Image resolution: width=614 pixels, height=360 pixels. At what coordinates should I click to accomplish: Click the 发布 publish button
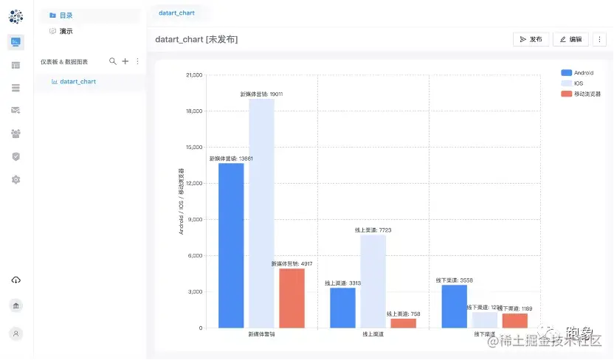click(x=531, y=39)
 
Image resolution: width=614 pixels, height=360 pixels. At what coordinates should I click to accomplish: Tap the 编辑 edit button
click(x=570, y=39)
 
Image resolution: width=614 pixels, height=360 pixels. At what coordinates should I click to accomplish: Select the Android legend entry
click(x=580, y=73)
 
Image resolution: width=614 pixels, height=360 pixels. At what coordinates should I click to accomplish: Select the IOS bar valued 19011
click(x=261, y=213)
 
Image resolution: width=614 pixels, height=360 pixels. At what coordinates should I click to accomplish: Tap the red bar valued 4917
click(x=292, y=298)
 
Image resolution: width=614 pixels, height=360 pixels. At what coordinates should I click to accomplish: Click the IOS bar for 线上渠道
click(x=373, y=281)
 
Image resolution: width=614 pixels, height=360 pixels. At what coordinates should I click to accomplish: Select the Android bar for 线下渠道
click(x=454, y=306)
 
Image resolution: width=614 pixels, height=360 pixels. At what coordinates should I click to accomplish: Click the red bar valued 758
click(x=403, y=323)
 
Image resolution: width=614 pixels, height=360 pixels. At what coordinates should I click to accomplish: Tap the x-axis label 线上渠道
click(x=373, y=335)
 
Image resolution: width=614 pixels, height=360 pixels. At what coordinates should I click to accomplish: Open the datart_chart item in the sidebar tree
click(x=77, y=81)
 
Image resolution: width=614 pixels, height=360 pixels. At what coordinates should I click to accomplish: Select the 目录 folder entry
click(x=66, y=15)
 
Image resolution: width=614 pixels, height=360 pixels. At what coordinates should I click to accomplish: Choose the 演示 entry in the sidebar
click(x=66, y=31)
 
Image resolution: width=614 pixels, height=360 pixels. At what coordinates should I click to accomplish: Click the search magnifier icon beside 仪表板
click(x=113, y=61)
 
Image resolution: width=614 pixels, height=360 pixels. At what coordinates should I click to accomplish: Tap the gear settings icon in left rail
click(x=16, y=179)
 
